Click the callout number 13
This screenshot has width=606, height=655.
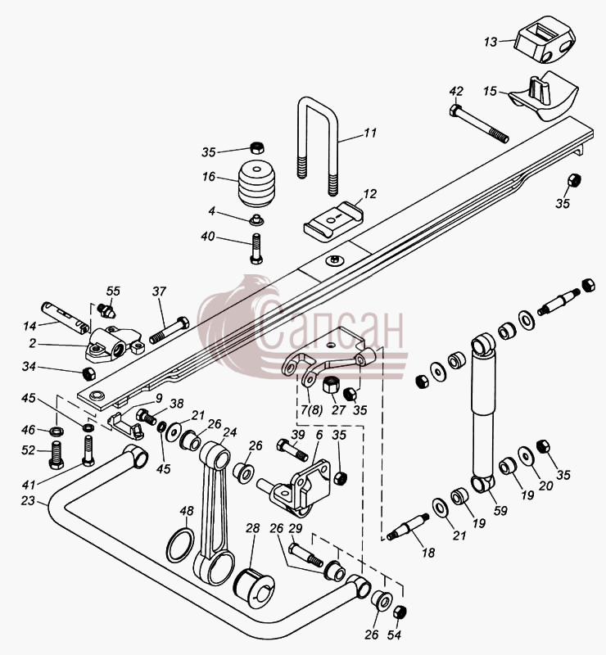491,42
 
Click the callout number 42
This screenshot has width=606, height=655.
456,91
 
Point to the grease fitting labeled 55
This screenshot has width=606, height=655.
106,309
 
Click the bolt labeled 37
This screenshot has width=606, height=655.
170,330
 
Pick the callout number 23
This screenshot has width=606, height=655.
28,500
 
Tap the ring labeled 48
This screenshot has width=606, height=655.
180,545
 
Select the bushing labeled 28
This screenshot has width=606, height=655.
254,587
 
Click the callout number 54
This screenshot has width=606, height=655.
394,635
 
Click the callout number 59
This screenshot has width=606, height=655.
500,510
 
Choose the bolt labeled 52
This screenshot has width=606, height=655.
57,456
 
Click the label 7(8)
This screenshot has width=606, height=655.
312,410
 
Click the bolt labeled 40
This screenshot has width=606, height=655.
256,249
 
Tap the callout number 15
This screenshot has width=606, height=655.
490,91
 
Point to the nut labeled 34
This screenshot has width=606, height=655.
89,373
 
